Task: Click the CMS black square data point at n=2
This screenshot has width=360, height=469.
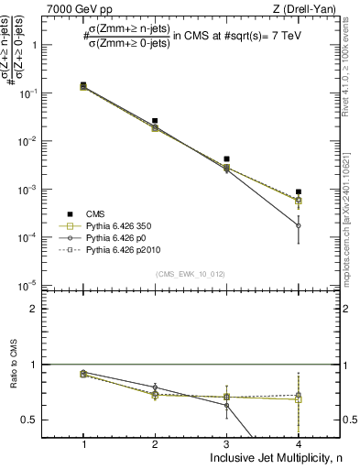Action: [x=155, y=121]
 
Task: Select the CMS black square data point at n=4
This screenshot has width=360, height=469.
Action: [x=299, y=192]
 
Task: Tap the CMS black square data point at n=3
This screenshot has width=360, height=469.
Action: [x=226, y=159]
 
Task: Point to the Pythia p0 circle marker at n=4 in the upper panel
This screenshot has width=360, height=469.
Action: [x=299, y=225]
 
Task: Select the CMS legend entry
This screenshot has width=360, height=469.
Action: [x=95, y=213]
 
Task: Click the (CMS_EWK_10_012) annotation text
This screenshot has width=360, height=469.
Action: [x=190, y=274]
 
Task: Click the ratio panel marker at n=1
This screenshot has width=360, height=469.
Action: [x=83, y=374]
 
